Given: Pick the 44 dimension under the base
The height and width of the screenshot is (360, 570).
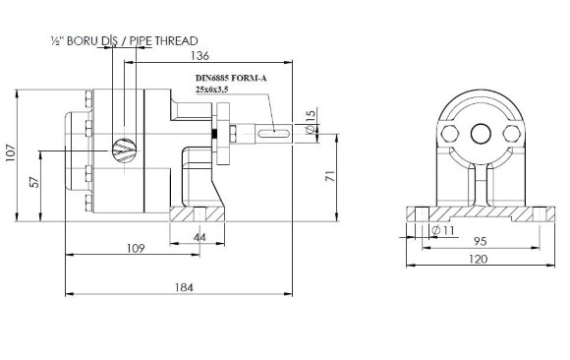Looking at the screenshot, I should point(199,238).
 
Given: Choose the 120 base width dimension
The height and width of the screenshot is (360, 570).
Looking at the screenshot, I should point(477,260).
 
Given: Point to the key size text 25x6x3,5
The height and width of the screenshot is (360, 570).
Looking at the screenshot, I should point(215,89).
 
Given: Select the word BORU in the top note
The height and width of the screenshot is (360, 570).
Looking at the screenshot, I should point(83,41).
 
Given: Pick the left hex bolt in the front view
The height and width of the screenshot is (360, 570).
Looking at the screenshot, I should point(451,133).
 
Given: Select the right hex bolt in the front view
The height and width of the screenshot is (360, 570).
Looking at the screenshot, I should point(512,133).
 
